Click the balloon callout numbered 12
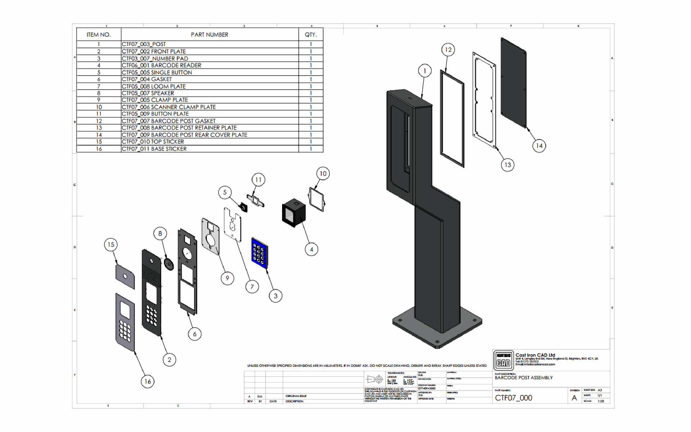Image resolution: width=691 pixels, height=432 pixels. [x=448, y=50]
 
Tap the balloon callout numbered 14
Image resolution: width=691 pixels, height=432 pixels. [x=539, y=146]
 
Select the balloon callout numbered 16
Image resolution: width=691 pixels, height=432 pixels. [x=148, y=381]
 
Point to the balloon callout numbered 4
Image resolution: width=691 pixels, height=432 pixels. [x=311, y=249]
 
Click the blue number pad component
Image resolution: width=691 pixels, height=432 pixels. [x=260, y=253]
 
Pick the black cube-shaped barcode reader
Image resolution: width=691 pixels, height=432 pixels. [x=294, y=213]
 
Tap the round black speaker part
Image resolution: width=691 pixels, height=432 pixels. [x=168, y=264]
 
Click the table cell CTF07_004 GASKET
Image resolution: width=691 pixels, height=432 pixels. [x=147, y=79]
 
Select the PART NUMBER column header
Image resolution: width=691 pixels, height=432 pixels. [x=209, y=35]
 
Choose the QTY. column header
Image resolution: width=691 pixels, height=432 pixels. [x=311, y=35]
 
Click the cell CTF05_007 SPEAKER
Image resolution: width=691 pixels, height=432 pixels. [x=148, y=93]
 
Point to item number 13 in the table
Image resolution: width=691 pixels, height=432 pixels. [x=99, y=128]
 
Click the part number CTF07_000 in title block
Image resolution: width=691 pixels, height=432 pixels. [x=513, y=398]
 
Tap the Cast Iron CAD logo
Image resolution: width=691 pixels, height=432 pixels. [x=503, y=360]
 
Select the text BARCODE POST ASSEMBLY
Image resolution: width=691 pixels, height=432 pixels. [x=523, y=378]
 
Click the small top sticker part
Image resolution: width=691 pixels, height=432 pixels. [x=125, y=276]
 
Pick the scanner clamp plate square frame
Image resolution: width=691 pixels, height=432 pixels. [x=317, y=199]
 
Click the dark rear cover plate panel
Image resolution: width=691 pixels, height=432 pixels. [x=514, y=83]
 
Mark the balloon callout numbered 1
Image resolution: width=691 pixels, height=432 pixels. [x=425, y=71]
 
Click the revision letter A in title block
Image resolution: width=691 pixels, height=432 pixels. [x=574, y=398]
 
